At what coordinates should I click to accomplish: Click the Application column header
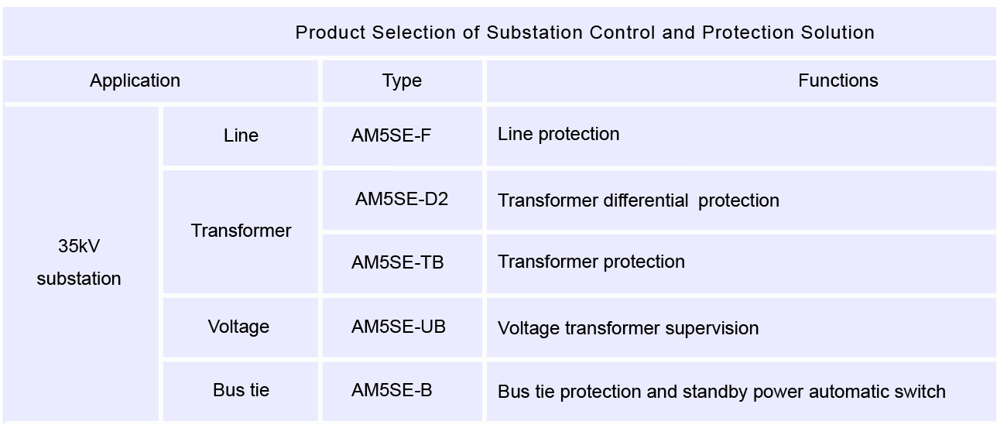coord(135,80)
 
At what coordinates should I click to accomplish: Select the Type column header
coord(402,80)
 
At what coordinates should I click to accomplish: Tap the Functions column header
coord(838,80)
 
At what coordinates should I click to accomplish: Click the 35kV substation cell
coord(79,262)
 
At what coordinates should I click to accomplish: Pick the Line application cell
coord(241,135)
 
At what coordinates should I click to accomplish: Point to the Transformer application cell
coord(241,231)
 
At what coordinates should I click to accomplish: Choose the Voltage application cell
coord(238,327)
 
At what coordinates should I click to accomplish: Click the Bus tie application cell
coord(241,390)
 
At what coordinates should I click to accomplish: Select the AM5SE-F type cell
coord(391,135)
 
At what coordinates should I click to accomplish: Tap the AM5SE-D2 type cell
coord(402,199)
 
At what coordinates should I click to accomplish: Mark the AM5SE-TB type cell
coord(398,262)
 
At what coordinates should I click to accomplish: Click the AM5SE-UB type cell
coord(399,327)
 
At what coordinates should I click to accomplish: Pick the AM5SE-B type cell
coord(392,390)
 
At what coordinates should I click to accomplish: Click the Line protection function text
coord(558,134)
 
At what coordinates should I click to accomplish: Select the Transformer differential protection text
coord(639,200)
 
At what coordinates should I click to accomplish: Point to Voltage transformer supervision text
coord(628,328)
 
